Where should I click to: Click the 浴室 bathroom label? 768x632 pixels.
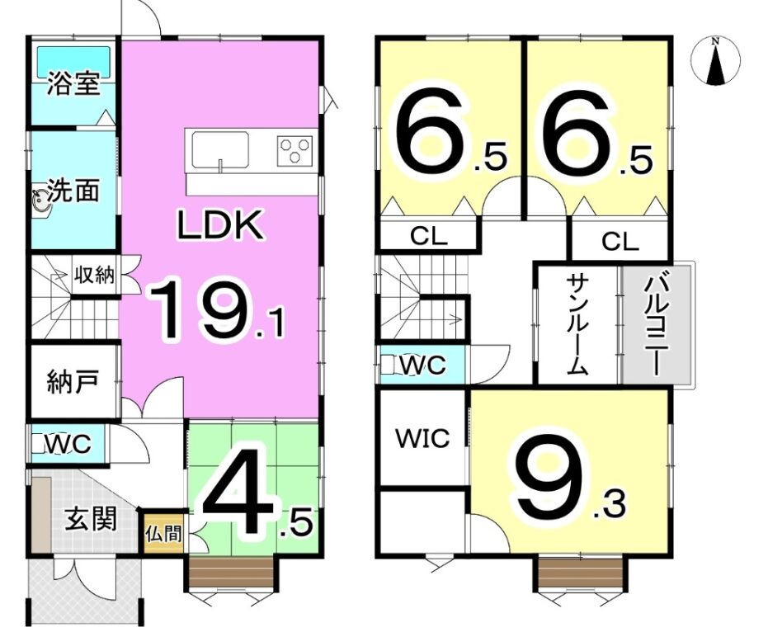tap(74, 84)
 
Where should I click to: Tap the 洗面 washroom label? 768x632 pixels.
tap(74, 190)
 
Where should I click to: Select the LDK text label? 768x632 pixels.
tap(220, 225)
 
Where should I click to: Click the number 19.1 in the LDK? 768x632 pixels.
tap(216, 309)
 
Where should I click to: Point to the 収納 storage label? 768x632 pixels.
tap(94, 275)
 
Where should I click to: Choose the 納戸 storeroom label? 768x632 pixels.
tap(73, 382)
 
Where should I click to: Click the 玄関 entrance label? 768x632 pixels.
tap(92, 519)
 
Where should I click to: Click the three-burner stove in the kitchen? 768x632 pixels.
tap(294, 149)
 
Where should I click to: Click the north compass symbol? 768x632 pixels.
tap(715, 61)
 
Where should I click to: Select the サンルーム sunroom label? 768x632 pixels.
tap(577, 324)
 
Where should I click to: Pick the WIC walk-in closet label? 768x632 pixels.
tap(422, 437)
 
